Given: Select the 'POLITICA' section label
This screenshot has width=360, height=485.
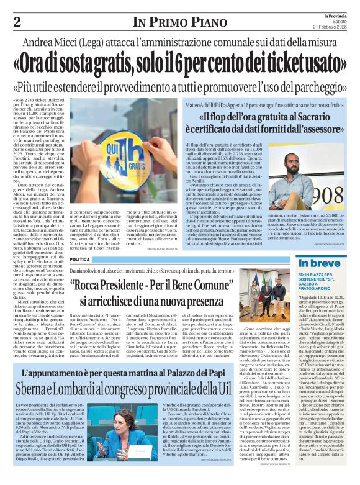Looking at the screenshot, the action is [x=79, y=259].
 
